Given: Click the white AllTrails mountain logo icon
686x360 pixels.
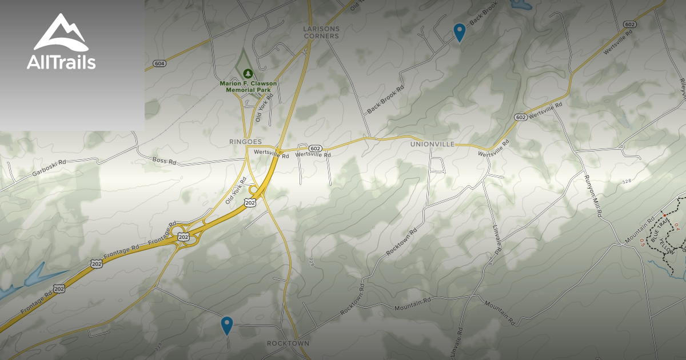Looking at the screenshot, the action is click(61, 33).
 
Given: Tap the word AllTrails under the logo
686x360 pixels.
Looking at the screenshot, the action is click(61, 62).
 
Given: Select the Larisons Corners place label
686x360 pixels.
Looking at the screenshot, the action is click(321, 32).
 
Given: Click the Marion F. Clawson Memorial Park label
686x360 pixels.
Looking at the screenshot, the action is click(248, 86).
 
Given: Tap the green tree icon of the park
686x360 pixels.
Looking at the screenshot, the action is click(248, 73).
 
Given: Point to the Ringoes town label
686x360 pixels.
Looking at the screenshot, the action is click(245, 141).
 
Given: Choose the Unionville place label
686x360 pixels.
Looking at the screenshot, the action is click(432, 144).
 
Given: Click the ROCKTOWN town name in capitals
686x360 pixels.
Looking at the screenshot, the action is click(288, 343).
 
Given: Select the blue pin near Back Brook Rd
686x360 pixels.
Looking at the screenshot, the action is click(459, 32).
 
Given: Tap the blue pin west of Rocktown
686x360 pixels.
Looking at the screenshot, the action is click(227, 325).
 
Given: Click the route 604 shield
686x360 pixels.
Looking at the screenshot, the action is click(159, 63).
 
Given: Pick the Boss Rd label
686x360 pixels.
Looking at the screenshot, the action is click(165, 161).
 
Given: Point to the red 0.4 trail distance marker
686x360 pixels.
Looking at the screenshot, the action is click(677, 227).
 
